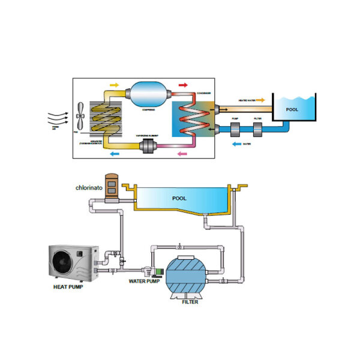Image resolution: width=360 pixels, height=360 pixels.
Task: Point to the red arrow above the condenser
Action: [x=184, y=86]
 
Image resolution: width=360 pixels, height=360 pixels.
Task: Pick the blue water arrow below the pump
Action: [x=236, y=144]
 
